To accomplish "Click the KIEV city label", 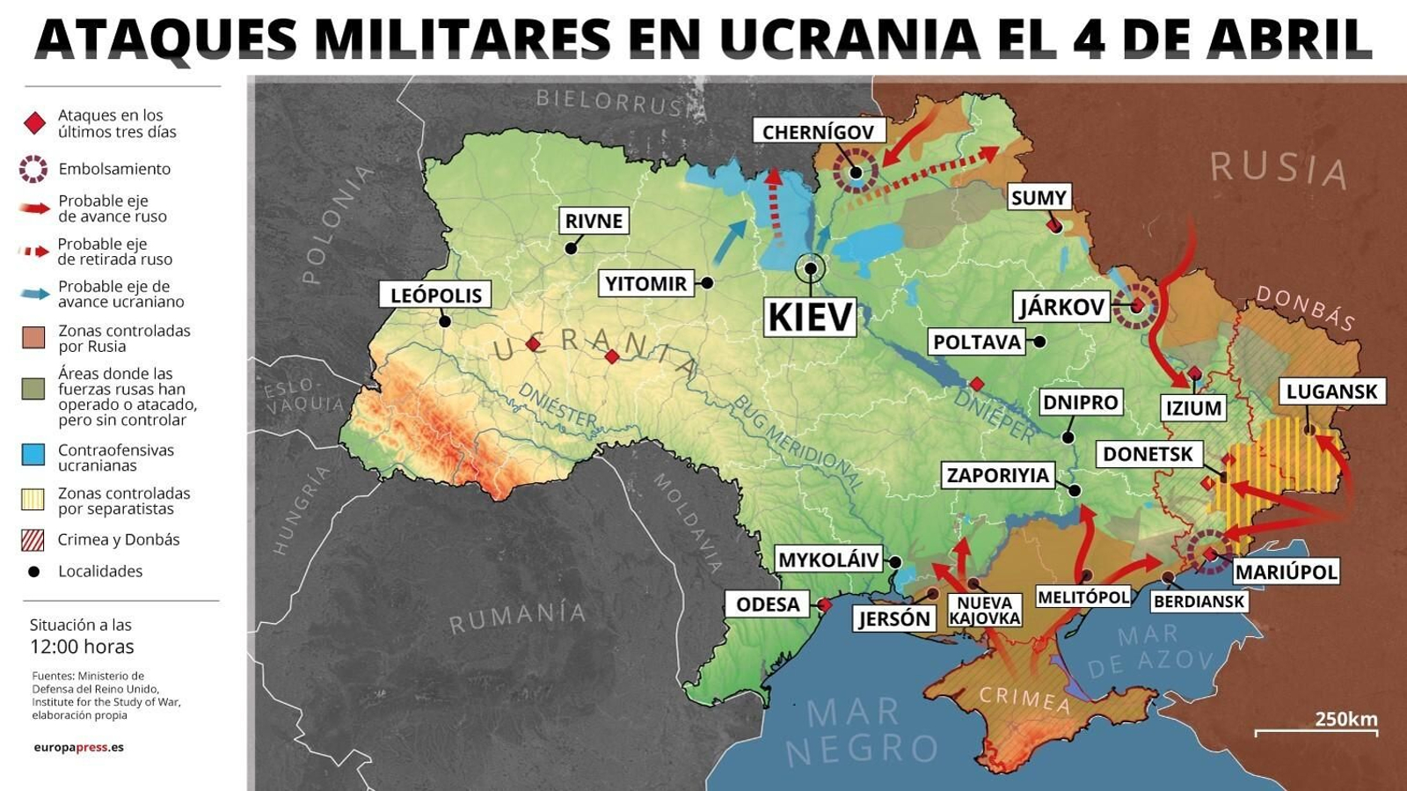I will (x=810, y=317).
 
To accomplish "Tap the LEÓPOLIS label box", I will (x=435, y=295).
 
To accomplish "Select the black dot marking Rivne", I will (x=571, y=249).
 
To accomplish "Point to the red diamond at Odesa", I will (x=825, y=604).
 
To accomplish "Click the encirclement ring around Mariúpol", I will (x=1209, y=553).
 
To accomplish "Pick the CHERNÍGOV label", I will (x=818, y=132).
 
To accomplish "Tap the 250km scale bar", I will (x=1316, y=731).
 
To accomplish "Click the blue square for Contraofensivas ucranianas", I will (x=33, y=454).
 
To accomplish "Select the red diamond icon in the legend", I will (x=34, y=123).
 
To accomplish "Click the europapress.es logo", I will (x=78, y=747).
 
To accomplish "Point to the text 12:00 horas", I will (x=82, y=647).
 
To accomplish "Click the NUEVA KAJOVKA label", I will (x=984, y=611).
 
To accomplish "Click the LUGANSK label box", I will (x=1330, y=392).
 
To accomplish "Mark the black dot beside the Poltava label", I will (x=1039, y=341).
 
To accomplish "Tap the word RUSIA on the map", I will (x=1277, y=168).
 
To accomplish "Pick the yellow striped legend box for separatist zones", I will (x=33, y=500).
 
